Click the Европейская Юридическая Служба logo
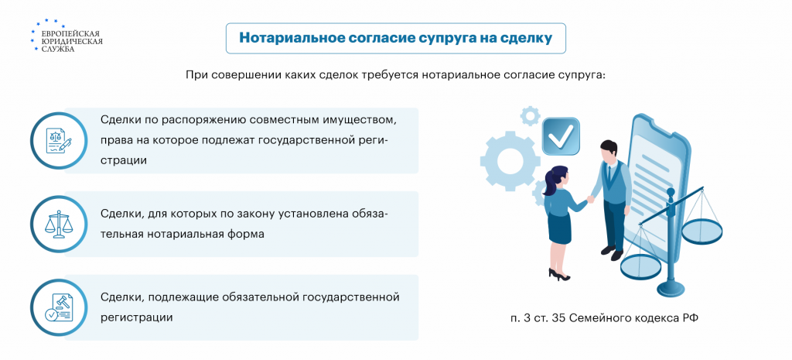coord(67,36)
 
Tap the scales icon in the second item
coord(59,224)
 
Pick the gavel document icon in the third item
coord(59,307)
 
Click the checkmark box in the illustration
coord(561,135)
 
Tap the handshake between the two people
coord(590,199)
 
